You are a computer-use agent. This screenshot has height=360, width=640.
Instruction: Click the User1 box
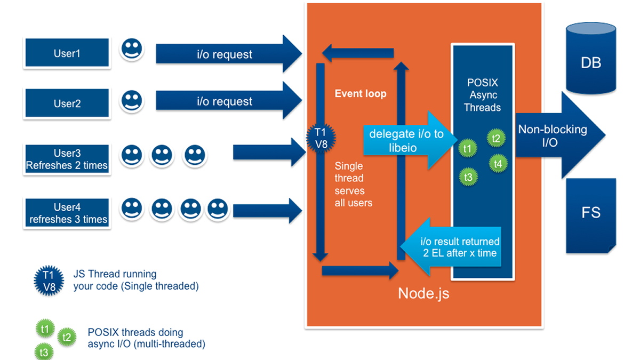(67, 53)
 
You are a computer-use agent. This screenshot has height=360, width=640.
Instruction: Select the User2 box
(67, 103)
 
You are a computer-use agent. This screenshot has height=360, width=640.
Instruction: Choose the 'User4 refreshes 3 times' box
(67, 213)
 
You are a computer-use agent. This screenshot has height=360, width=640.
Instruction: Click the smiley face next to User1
(131, 49)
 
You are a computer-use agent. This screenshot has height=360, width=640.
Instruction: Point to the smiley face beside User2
(131, 100)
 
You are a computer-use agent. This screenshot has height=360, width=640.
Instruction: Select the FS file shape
(590, 213)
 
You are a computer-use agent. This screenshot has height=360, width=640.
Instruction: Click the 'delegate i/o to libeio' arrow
(405, 140)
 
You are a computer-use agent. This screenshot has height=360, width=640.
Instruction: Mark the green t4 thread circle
(498, 164)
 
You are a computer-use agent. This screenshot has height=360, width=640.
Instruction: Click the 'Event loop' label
(361, 94)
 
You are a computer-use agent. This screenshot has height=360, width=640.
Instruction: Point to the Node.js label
(423, 293)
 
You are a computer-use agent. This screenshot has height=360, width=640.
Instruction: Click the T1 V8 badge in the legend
(49, 281)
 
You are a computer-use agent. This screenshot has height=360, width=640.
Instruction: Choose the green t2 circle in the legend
(67, 336)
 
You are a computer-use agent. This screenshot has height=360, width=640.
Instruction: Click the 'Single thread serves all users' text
(353, 184)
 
